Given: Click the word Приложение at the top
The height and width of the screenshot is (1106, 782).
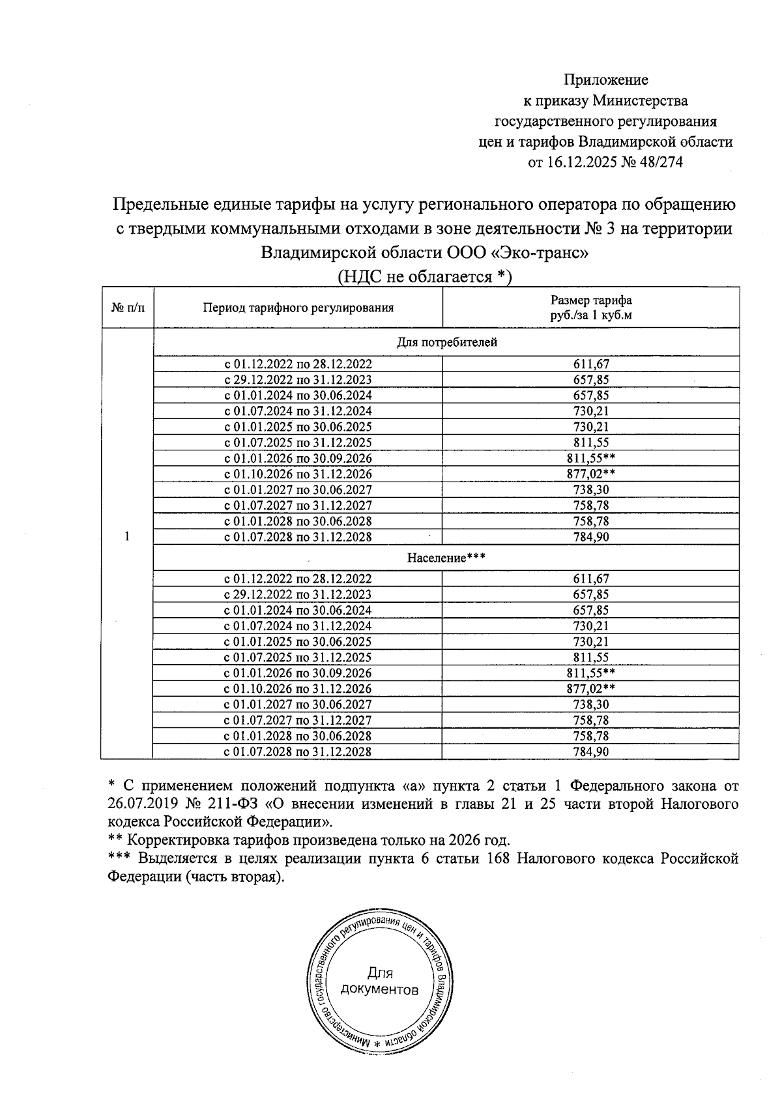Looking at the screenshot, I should (605, 80).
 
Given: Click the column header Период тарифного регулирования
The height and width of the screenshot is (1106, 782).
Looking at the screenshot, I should (298, 308).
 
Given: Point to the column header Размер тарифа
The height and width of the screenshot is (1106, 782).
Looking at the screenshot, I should (591, 300).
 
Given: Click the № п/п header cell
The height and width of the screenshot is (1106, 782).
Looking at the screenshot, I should (127, 308).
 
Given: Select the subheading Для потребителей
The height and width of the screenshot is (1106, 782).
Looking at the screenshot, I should (446, 342).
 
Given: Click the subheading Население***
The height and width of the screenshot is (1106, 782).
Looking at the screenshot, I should (446, 558).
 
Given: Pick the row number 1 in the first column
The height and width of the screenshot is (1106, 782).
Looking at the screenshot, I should (126, 536).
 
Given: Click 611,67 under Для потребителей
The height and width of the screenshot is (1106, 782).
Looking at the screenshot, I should (591, 365).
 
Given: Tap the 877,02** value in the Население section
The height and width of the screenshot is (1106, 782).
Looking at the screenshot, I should (591, 689).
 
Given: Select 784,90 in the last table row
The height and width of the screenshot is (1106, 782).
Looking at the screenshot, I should (591, 752).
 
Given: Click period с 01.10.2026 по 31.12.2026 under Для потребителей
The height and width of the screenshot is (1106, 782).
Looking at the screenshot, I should (298, 474).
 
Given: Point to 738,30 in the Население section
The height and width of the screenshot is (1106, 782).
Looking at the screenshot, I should (591, 705).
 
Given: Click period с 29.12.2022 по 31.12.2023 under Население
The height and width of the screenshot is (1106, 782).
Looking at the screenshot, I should (298, 594).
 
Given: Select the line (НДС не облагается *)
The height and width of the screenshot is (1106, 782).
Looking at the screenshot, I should (425, 277).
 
